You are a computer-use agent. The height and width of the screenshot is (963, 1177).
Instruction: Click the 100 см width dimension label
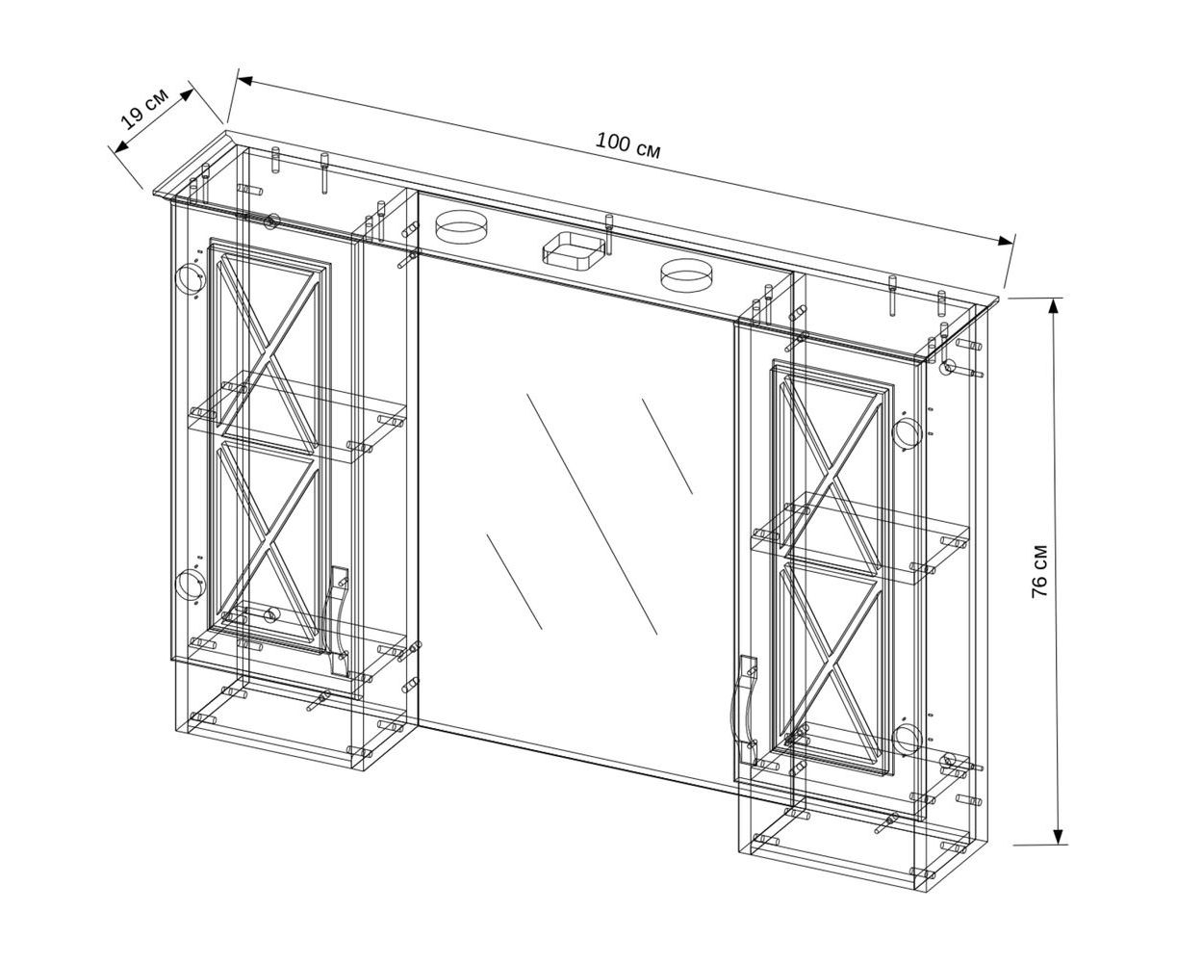[627, 145]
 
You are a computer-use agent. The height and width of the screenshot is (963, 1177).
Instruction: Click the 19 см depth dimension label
[144, 109]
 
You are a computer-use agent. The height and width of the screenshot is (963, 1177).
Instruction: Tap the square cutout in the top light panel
[574, 248]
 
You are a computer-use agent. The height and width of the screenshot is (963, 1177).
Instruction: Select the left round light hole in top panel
[461, 226]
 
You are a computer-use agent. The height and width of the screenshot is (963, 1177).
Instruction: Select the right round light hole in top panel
[686, 275]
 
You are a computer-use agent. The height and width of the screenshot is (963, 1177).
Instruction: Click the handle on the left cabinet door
[336, 620]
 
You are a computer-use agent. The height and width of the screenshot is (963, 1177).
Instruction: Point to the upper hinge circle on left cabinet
[190, 277]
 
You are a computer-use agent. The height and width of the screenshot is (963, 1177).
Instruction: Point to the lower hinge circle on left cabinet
[190, 584]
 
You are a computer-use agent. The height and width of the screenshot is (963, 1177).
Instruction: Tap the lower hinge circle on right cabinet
[906, 739]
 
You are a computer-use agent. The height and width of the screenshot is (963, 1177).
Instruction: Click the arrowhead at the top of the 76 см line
[1054, 306]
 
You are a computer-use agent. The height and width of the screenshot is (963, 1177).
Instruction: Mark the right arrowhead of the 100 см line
[1006, 240]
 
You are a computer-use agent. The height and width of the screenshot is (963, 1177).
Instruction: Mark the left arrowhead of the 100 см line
[245, 81]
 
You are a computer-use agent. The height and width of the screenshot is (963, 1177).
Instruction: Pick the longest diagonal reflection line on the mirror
[592, 514]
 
